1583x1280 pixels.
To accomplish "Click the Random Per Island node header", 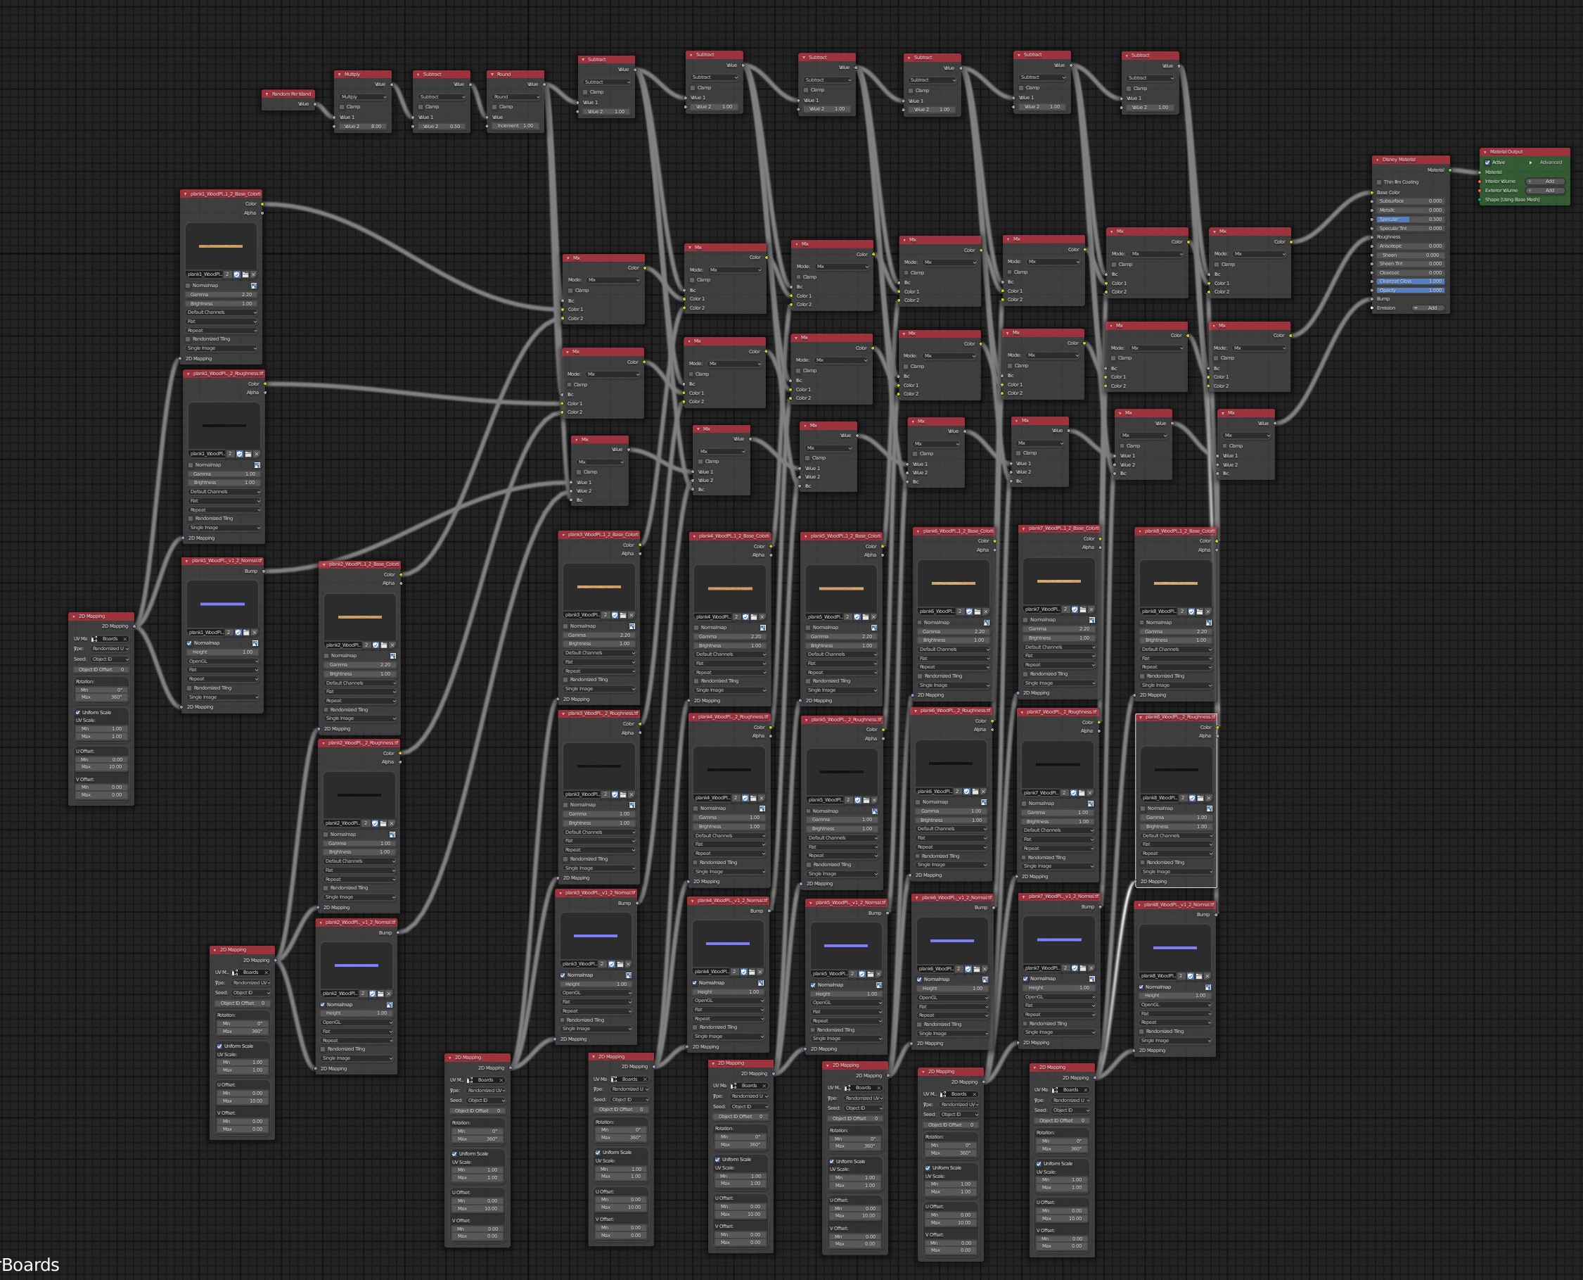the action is click(x=291, y=94).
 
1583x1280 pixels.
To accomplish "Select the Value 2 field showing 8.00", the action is click(x=363, y=126).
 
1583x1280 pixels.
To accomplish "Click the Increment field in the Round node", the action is click(x=515, y=125).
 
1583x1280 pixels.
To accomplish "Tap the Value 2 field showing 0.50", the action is click(x=442, y=126).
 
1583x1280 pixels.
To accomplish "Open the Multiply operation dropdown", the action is click(x=363, y=96).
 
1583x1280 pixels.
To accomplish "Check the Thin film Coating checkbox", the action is click(x=1379, y=182).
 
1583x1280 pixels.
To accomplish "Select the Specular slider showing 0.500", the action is click(x=1410, y=219).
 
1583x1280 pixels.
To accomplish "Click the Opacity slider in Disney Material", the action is click(x=1410, y=290).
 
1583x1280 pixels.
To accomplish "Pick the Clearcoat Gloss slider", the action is click(x=1410, y=281).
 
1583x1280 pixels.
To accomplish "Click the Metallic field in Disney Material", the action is click(x=1410, y=210).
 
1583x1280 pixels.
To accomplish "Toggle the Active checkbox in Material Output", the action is click(x=1487, y=163).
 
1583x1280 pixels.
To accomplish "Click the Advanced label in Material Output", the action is click(x=1550, y=163).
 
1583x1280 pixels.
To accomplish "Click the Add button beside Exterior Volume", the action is click(x=1549, y=190).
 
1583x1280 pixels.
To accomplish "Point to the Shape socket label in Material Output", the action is click(x=1511, y=200).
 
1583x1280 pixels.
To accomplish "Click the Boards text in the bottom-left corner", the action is click(x=31, y=1265).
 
